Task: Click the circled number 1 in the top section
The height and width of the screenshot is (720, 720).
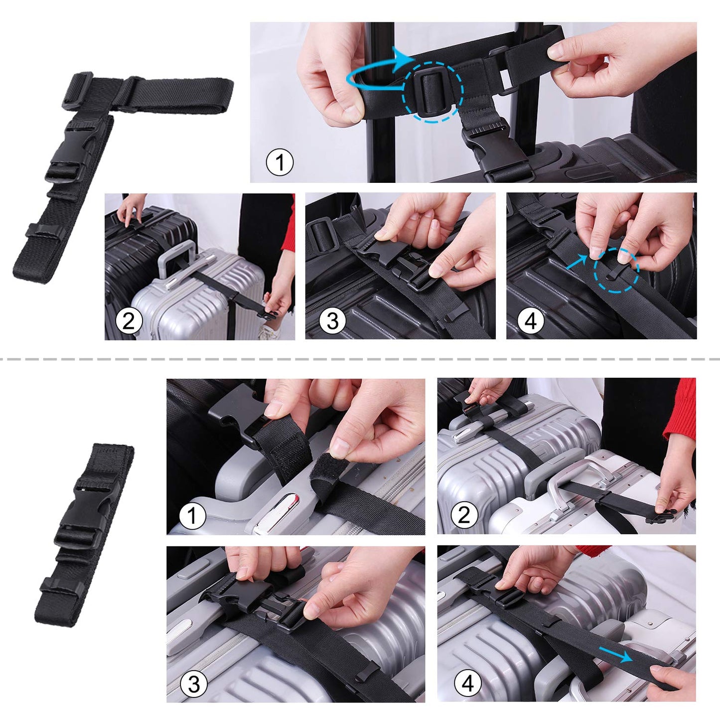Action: pyautogui.click(x=280, y=162)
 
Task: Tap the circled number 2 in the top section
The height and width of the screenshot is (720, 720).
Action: pyautogui.click(x=129, y=321)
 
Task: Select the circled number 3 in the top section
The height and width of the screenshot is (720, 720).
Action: pyautogui.click(x=332, y=321)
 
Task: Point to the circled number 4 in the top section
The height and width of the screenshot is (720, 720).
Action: pyautogui.click(x=531, y=321)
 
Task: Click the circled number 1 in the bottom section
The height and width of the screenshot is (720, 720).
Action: pyautogui.click(x=192, y=516)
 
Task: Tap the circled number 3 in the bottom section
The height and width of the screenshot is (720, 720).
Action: pyautogui.click(x=194, y=684)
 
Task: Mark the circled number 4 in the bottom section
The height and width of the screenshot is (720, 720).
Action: pyautogui.click(x=467, y=683)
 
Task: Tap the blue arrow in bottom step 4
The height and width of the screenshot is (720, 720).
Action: pyautogui.click(x=616, y=654)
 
